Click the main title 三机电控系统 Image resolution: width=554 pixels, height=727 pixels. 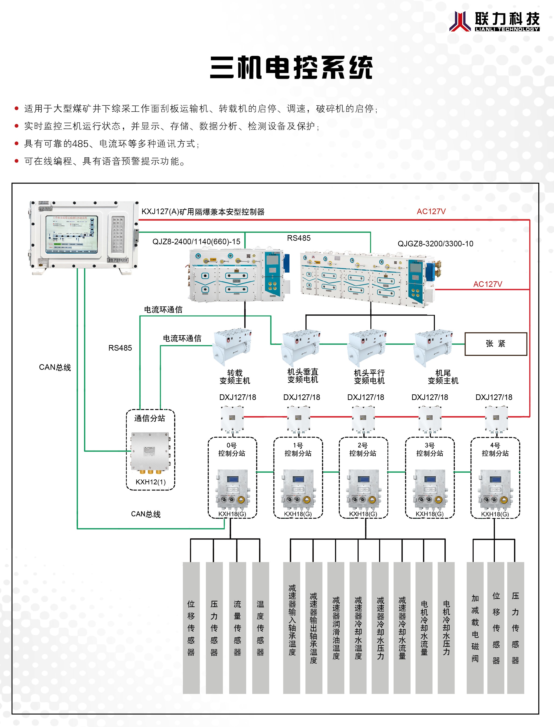pyautogui.click(x=291, y=68)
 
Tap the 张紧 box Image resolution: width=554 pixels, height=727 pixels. pyautogui.click(x=495, y=344)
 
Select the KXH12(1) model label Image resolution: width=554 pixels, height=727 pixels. pyautogui.click(x=150, y=482)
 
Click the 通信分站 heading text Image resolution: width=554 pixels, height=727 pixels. pyautogui.click(x=150, y=418)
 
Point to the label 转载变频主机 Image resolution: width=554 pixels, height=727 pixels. pyautogui.click(x=235, y=377)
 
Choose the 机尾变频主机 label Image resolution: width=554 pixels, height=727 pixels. pyautogui.click(x=443, y=377)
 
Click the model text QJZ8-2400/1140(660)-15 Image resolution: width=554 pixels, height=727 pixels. pyautogui.click(x=196, y=241)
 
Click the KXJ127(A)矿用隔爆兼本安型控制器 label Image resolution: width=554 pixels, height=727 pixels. pyautogui.click(x=203, y=212)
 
